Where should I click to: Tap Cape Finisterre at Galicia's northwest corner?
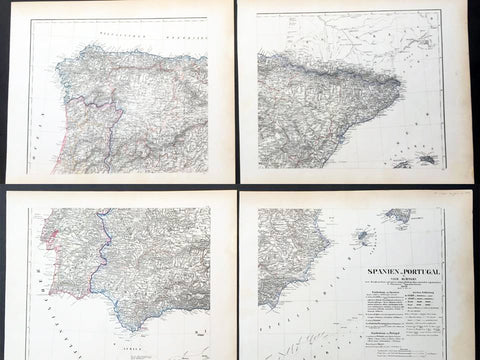tap(58, 73)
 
